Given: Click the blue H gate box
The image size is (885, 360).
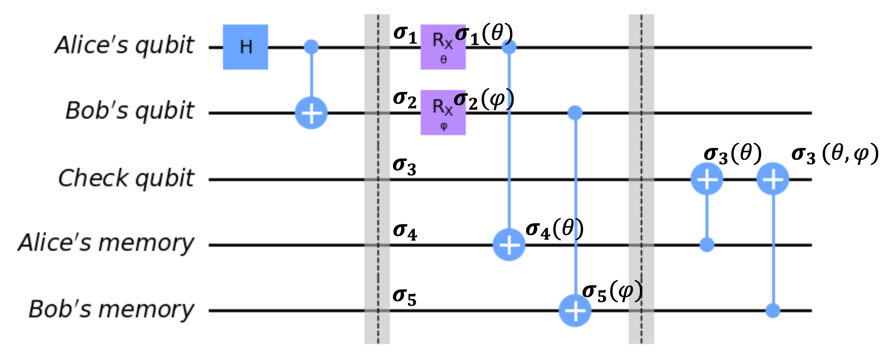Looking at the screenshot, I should [x=245, y=47].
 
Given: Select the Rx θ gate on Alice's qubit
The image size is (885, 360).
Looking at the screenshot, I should [x=443, y=47].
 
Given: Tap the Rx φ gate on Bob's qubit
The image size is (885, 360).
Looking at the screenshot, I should [x=443, y=112].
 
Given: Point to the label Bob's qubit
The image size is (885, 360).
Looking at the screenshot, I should [x=129, y=111].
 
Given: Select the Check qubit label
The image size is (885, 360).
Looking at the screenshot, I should [x=126, y=178].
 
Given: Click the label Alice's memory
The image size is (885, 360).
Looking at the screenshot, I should [x=106, y=243].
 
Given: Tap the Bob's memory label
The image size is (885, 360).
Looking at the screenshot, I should [x=112, y=309].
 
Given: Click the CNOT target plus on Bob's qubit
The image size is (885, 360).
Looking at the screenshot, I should [x=311, y=113].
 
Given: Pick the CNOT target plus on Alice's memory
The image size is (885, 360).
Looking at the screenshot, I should [x=509, y=245].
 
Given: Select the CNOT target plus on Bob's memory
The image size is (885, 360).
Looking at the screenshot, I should [x=575, y=311].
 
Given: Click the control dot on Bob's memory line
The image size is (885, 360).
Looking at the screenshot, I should [x=773, y=311].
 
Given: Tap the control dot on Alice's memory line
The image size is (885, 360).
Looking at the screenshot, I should [x=707, y=245].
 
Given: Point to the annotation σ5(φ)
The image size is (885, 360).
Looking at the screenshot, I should [x=612, y=292].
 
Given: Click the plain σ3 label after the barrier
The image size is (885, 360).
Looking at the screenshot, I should [x=404, y=167].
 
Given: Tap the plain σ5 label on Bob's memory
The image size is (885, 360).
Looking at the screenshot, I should [x=404, y=297].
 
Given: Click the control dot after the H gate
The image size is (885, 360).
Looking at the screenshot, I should [x=311, y=47].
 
